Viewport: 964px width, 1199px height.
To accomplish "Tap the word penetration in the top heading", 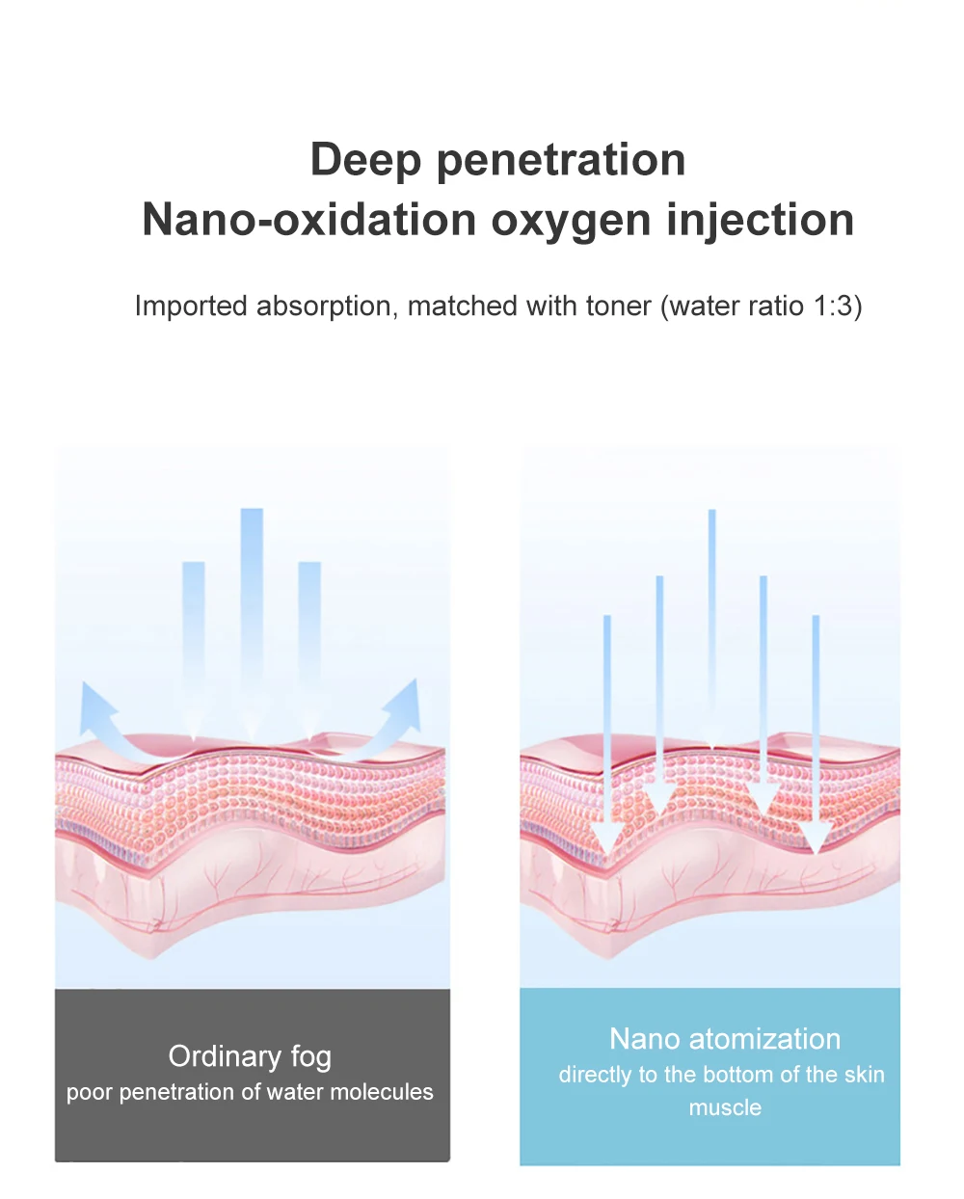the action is tap(561, 160).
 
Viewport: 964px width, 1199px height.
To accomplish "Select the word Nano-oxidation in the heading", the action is tap(309, 220).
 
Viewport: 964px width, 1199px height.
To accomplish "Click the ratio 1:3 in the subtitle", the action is tap(832, 306).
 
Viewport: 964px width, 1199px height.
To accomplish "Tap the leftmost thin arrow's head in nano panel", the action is tap(607, 839).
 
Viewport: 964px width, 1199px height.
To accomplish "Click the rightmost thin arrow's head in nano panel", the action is tap(816, 839).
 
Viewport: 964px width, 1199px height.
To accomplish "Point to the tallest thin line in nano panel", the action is tap(712, 617).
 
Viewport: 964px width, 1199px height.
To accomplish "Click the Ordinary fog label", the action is tap(250, 1056).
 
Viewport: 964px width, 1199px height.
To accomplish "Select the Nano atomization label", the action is tap(725, 1039).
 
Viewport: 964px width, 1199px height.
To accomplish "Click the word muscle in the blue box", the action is tap(725, 1108).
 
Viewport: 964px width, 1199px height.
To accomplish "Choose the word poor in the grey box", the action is tap(90, 1093).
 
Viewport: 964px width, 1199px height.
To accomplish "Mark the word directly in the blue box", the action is tap(595, 1075).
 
